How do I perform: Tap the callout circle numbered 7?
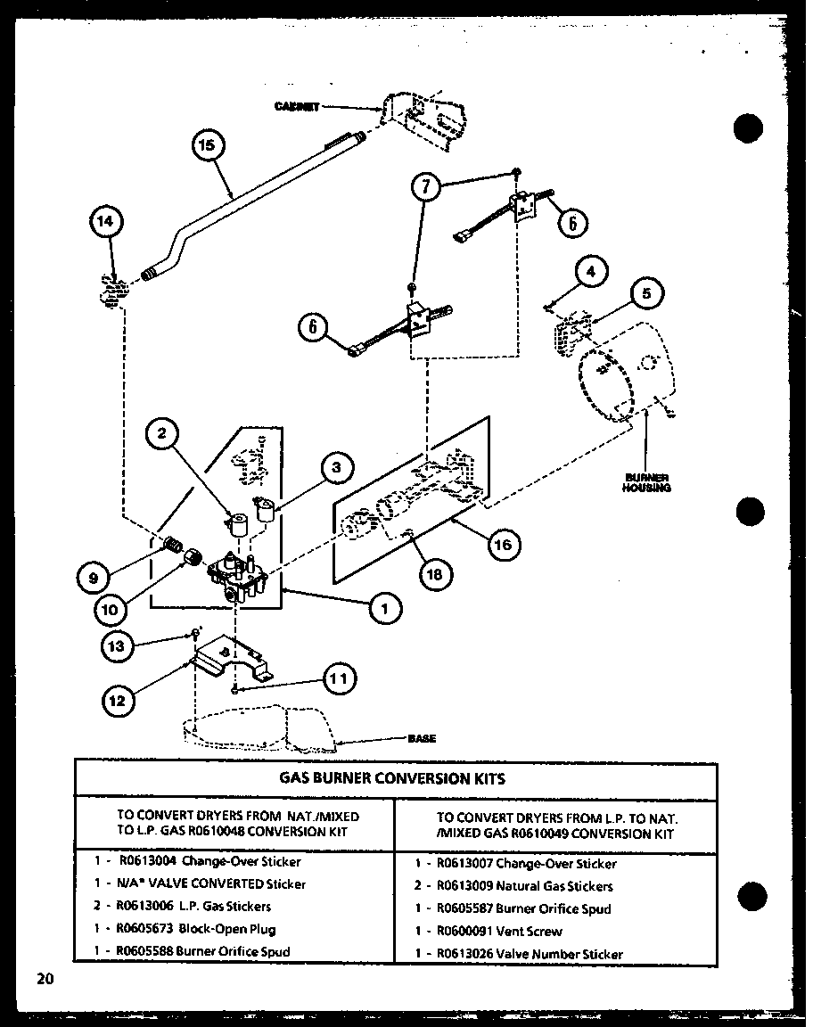click(x=426, y=188)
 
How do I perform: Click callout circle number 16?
click(x=504, y=545)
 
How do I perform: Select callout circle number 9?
click(x=94, y=577)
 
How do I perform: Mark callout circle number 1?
click(x=385, y=608)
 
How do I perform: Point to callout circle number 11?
click(x=339, y=679)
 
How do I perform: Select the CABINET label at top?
click(x=297, y=106)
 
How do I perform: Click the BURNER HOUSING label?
click(x=646, y=482)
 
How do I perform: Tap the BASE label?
click(x=422, y=738)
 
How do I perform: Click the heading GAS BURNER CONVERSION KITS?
click(x=392, y=778)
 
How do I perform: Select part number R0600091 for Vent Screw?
click(x=466, y=931)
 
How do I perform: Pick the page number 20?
click(x=45, y=979)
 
